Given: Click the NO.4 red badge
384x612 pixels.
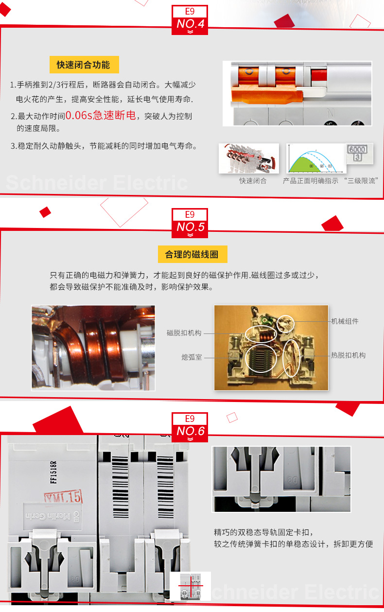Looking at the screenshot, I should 190,20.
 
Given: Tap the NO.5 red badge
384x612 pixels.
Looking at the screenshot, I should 190,223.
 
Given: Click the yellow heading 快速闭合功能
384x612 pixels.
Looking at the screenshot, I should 84,65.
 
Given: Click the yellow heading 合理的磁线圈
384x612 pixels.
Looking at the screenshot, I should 192,255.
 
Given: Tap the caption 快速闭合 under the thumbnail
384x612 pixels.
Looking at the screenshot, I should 253,181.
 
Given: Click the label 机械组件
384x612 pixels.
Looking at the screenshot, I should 345,321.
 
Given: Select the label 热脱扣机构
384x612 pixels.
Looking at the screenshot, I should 348,355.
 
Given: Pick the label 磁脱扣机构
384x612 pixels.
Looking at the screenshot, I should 184,333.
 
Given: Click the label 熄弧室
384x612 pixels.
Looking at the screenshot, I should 192,357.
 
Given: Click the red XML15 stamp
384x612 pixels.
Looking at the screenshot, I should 63,497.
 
